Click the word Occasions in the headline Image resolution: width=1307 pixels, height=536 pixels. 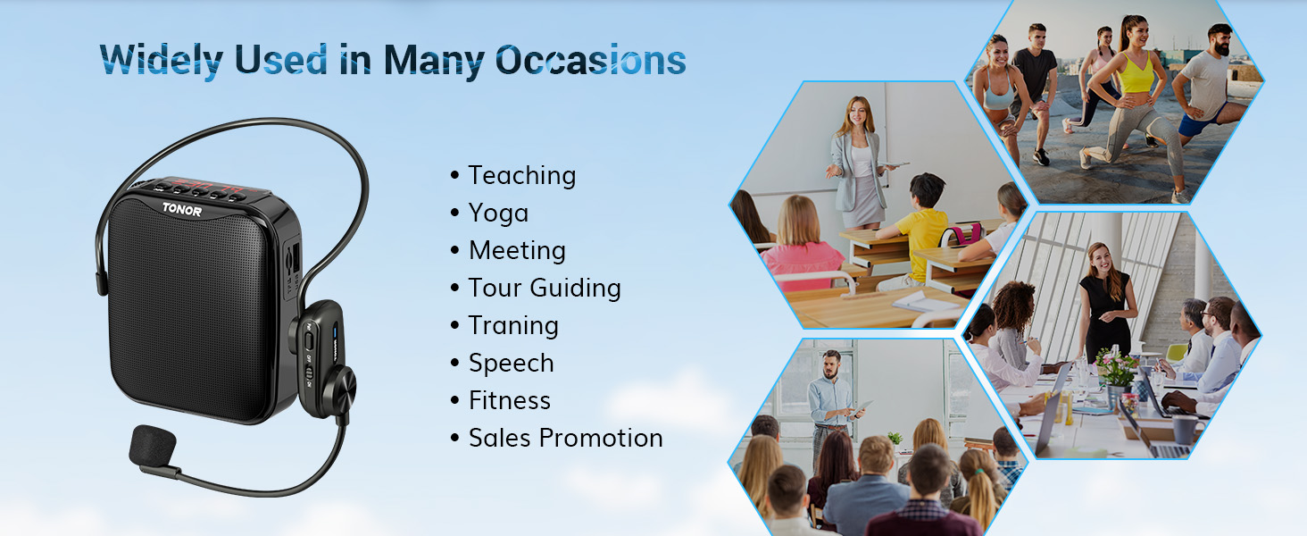[x=590, y=60]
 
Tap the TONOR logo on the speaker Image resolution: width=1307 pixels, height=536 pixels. [x=182, y=210]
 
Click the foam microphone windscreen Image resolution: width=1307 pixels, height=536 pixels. [x=153, y=448]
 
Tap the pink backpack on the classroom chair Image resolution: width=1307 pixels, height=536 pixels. [x=961, y=235]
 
